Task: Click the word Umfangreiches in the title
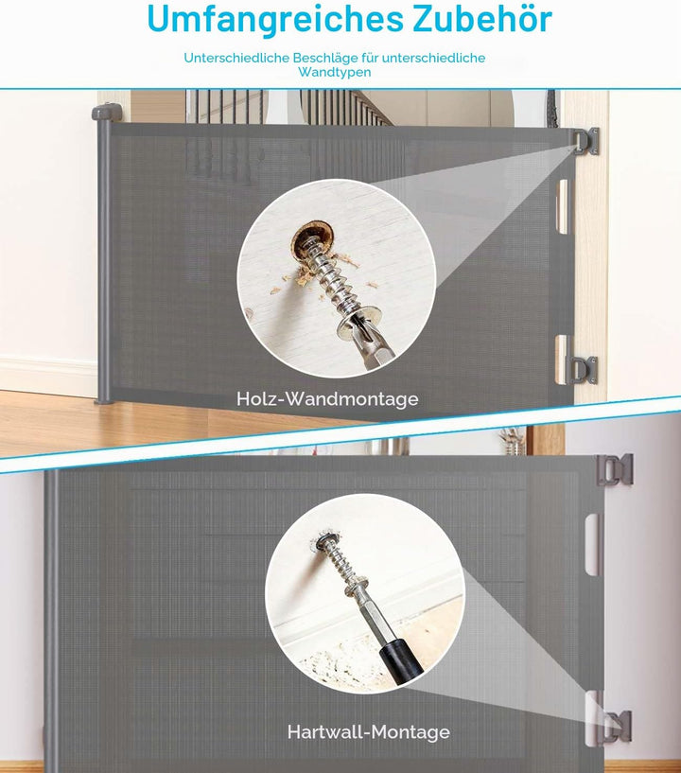[x=275, y=20]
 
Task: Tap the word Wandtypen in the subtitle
[x=335, y=72]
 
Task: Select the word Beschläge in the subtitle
[x=324, y=58]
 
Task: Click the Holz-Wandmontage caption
[x=327, y=398]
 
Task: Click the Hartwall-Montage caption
[x=369, y=731]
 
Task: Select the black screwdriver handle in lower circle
[x=401, y=660]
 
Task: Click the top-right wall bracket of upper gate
[x=586, y=141]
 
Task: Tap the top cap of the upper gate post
[x=107, y=112]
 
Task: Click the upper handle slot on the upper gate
[x=562, y=206]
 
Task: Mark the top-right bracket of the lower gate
[x=615, y=470]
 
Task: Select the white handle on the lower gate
[x=594, y=544]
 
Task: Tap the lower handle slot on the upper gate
[x=562, y=359]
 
